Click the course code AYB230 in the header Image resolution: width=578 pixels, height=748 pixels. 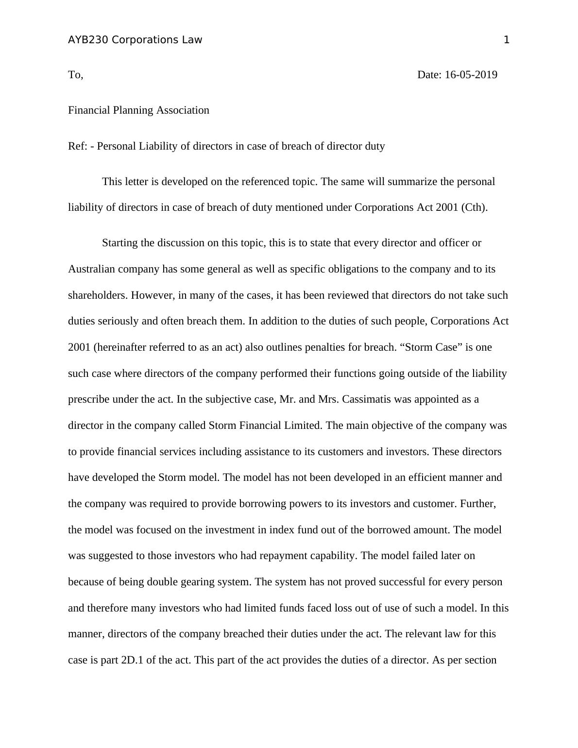[x=88, y=40]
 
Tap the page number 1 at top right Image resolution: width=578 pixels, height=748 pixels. [x=507, y=40]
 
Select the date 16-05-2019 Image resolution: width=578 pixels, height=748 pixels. [x=471, y=75]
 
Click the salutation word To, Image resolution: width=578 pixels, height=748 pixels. [x=76, y=75]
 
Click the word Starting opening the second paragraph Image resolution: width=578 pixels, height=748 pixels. [x=120, y=243]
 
